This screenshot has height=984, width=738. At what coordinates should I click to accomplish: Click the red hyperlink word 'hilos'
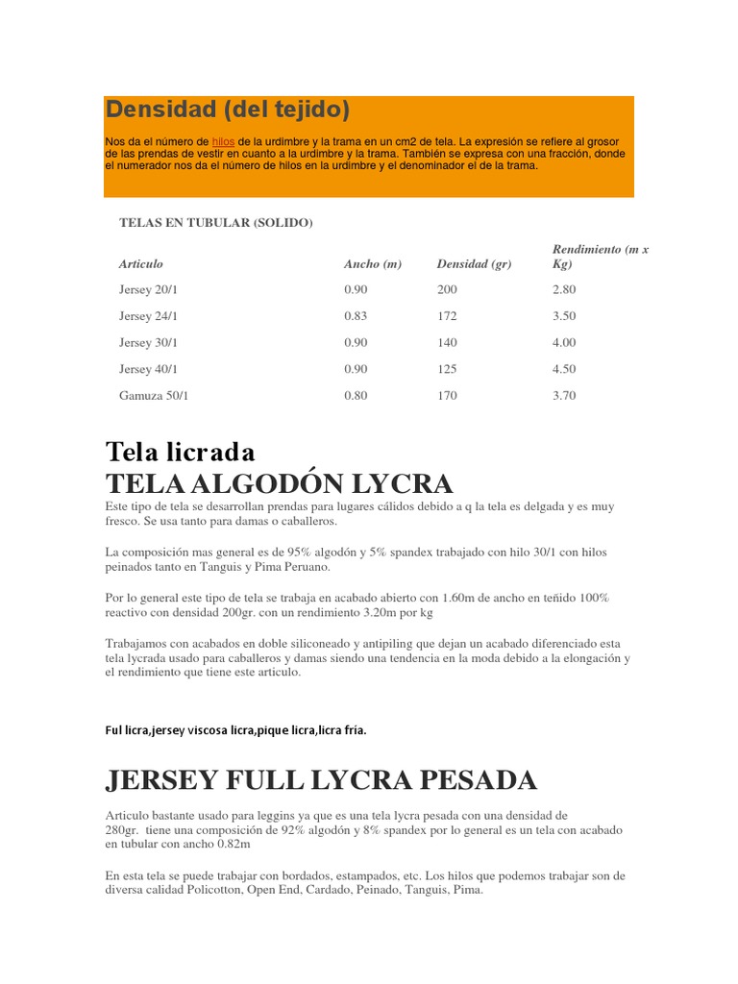(223, 141)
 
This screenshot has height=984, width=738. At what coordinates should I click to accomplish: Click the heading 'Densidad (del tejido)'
(228, 110)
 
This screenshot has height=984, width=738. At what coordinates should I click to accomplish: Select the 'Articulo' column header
(141, 263)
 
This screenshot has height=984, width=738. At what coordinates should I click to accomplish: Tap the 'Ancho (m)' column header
(372, 263)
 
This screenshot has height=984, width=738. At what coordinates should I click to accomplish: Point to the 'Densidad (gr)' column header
(474, 263)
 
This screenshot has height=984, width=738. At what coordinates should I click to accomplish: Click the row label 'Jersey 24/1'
(148, 316)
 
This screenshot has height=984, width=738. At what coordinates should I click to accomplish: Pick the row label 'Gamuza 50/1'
(154, 395)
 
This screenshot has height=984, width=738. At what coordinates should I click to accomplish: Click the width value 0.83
(356, 316)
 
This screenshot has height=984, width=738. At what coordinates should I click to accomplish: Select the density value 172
(447, 316)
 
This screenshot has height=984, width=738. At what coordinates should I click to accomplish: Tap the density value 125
(447, 369)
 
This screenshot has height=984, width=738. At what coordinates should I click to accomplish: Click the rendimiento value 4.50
(564, 369)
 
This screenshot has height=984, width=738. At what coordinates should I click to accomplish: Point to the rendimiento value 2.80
(564, 289)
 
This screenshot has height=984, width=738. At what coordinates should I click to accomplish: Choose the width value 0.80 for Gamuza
(356, 395)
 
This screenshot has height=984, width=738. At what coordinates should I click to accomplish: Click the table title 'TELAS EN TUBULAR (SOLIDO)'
(216, 223)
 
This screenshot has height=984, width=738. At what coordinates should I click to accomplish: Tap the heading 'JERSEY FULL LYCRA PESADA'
(321, 779)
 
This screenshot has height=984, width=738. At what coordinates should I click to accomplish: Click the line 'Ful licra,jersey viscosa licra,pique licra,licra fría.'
(236, 730)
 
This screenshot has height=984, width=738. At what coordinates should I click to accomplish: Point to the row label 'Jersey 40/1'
(148, 369)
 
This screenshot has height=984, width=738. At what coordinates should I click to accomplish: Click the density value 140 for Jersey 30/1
(447, 342)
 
